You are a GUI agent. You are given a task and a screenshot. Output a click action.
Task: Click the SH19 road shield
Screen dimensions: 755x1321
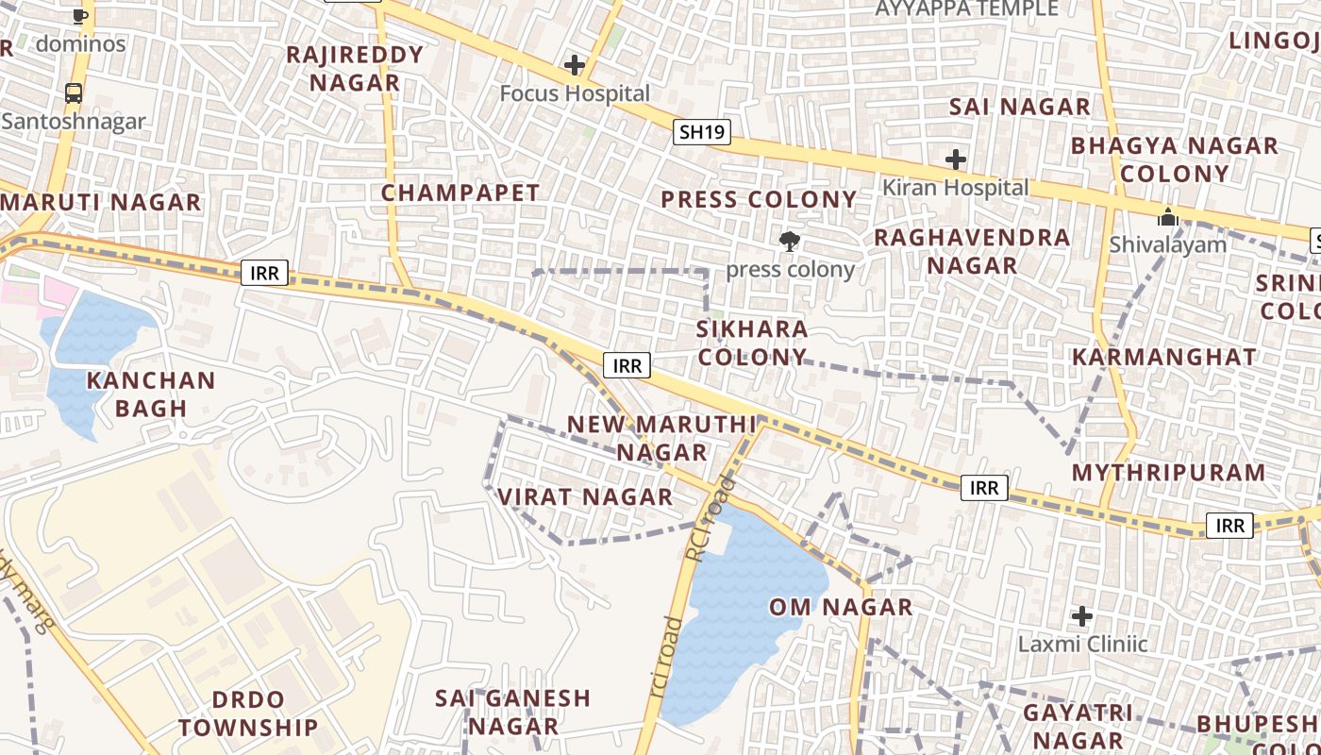click(x=703, y=132)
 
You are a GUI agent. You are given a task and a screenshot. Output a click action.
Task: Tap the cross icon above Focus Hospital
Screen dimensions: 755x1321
click(x=574, y=65)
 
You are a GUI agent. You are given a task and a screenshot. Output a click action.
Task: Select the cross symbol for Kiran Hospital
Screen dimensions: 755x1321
click(x=956, y=159)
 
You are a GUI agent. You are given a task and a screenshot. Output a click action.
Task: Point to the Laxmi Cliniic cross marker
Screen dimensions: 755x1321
click(x=1082, y=617)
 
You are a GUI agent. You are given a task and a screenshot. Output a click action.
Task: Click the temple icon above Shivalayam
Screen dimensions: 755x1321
click(x=1168, y=217)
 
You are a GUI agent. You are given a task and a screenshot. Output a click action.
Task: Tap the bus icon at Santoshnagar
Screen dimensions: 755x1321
click(x=74, y=92)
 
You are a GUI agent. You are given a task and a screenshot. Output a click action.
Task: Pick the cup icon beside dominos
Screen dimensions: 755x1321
click(x=80, y=16)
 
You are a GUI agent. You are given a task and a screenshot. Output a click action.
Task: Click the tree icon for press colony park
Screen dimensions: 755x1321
click(x=790, y=242)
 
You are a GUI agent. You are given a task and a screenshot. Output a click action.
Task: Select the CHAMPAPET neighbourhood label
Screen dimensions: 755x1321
click(x=460, y=193)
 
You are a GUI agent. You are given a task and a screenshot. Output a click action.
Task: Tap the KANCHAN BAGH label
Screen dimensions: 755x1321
click(x=151, y=394)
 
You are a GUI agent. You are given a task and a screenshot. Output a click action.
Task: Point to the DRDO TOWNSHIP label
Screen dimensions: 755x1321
click(x=248, y=713)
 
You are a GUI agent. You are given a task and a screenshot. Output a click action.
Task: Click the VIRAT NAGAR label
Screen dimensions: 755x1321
click(x=585, y=497)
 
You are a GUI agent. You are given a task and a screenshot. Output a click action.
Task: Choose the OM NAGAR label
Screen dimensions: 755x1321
click(x=841, y=608)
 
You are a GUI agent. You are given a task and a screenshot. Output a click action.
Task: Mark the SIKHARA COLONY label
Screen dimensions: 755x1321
click(x=752, y=344)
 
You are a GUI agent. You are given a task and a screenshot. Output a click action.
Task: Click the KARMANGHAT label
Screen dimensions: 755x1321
click(x=1164, y=358)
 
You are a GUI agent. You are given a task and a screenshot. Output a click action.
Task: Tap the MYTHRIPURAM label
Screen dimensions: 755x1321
click(x=1169, y=473)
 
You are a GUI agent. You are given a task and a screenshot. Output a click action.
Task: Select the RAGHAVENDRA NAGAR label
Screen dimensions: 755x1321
click(x=972, y=251)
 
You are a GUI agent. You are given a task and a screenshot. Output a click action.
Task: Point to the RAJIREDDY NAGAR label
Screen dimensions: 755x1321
click(x=355, y=68)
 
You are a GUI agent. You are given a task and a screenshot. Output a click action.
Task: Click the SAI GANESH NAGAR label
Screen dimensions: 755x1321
click(x=513, y=713)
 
